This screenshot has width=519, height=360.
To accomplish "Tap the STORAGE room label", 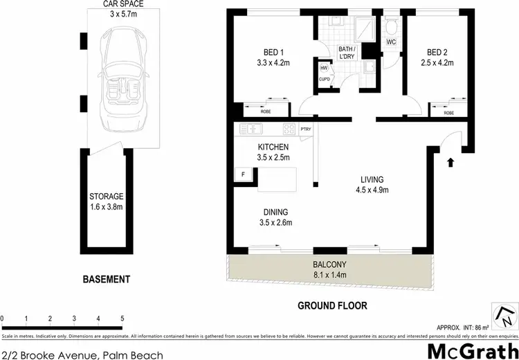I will coord(106,196).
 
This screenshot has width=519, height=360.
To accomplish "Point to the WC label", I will coord(391,42).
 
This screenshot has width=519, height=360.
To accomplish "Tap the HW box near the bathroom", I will coord(323,68).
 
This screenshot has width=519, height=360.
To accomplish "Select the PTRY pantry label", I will coord(307,129).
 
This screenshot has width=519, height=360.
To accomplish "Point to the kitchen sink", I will coord(249,129).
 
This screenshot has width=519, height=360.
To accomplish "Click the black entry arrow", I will coord(450,163).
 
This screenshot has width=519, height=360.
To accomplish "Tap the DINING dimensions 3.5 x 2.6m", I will coord(274,223).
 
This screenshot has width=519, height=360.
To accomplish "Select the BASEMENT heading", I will coord(106,280).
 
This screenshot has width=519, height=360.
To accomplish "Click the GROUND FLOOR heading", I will coord(332,305).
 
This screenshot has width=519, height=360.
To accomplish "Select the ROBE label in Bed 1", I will coord(265,111).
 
